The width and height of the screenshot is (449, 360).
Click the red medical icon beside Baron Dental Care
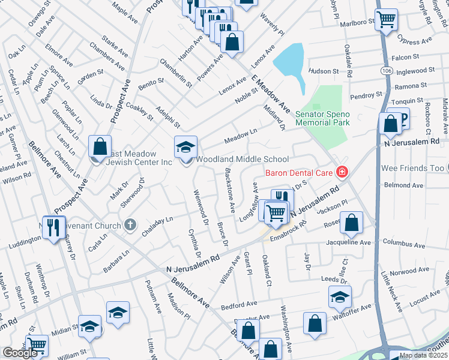[x=342, y=173]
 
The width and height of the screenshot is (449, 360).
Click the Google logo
[x=20, y=353]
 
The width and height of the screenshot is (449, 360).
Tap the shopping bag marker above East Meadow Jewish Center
[x=100, y=146]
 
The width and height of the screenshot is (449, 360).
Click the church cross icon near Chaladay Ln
[x=129, y=226]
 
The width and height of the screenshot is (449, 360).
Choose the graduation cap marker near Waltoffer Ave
[x=340, y=296]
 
